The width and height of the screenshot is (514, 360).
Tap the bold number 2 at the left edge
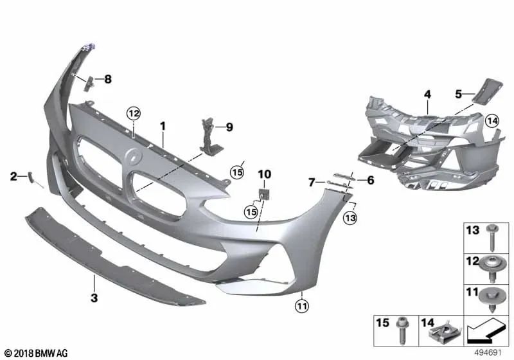(x=13, y=175)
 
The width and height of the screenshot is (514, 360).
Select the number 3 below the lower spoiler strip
(x=94, y=298)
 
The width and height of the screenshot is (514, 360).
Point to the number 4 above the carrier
(x=427, y=94)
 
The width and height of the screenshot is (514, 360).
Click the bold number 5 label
(x=459, y=93)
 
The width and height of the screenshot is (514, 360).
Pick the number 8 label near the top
(x=108, y=80)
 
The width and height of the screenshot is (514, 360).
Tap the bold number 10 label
(x=265, y=174)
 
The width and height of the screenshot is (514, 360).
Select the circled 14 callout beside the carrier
(x=492, y=120)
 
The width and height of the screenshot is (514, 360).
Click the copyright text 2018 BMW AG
(x=31, y=353)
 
